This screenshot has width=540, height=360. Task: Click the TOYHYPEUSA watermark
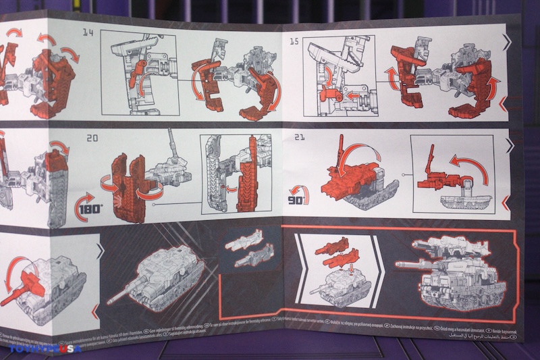[45, 349]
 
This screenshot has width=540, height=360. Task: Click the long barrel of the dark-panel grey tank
[122, 292]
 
